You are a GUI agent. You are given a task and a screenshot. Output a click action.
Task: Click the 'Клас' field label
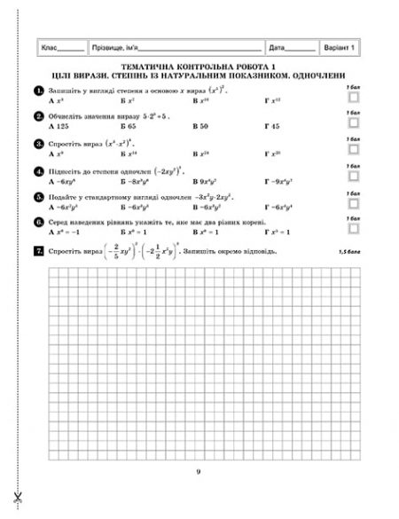point(52,47)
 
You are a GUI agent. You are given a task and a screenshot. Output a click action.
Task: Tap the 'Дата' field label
point(277,47)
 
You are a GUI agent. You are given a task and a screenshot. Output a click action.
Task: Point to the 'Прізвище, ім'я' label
point(113,47)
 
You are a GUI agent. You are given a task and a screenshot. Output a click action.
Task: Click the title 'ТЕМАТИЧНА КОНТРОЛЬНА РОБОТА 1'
point(198,67)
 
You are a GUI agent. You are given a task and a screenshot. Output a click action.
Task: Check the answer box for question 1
point(354,98)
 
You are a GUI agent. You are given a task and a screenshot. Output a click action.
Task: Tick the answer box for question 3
point(354,150)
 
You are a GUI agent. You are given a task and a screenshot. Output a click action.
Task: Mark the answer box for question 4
point(354,177)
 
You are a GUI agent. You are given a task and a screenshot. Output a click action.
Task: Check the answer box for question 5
point(354,202)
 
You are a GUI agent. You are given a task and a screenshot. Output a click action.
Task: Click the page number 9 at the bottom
point(199,471)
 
